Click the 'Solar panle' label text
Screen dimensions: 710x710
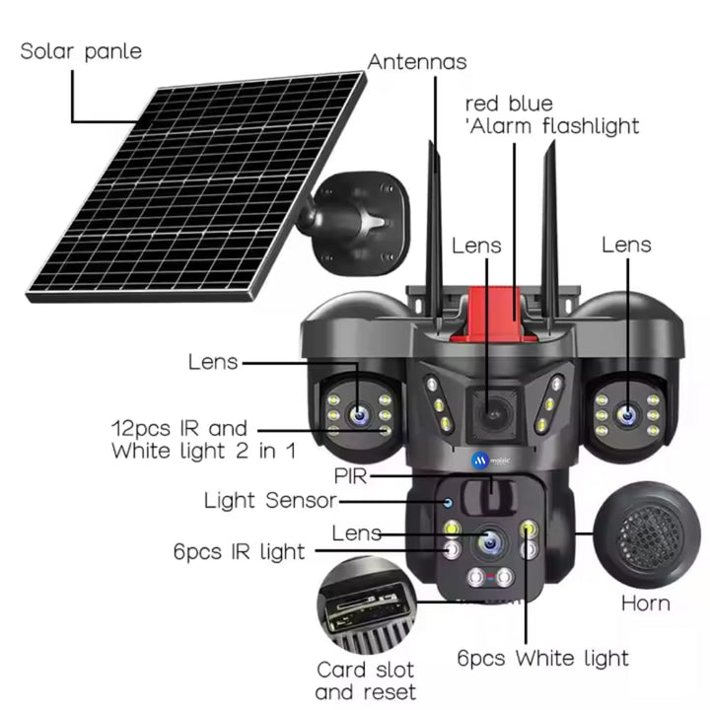click(x=81, y=51)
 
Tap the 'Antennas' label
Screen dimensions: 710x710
click(x=417, y=62)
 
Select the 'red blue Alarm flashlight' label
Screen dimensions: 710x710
click(x=551, y=115)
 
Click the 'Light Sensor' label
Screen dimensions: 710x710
click(x=269, y=500)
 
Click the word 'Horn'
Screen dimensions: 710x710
click(x=645, y=603)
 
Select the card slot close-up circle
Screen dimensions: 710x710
click(x=366, y=607)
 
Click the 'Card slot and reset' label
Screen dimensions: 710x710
click(x=366, y=681)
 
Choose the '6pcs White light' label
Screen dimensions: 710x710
click(x=542, y=658)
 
